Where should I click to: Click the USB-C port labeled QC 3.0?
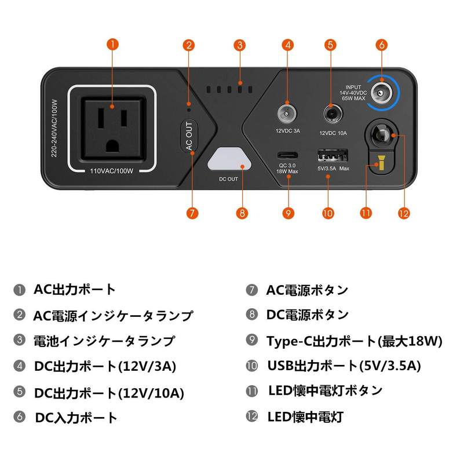pyautogui.click(x=287, y=155)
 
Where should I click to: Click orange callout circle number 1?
pyautogui.click(x=113, y=44)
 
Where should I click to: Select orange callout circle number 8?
pyautogui.click(x=242, y=213)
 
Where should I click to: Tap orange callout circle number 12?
pyautogui.click(x=404, y=213)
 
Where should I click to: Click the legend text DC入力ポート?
pyautogui.click(x=76, y=417)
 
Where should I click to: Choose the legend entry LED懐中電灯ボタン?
pyautogui.click(x=325, y=390)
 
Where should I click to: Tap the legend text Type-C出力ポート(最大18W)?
pyautogui.click(x=354, y=341)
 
